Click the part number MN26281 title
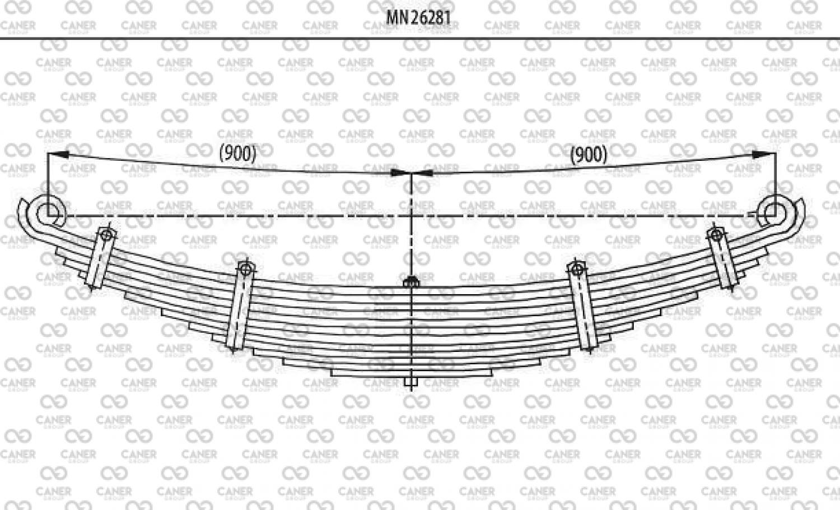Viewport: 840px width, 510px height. [418, 17]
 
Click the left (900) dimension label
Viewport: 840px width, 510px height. [238, 154]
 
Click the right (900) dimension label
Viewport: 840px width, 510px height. [589, 155]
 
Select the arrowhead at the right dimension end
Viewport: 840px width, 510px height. [764, 154]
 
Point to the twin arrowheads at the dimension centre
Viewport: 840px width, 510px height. [412, 173]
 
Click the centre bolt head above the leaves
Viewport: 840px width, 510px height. [412, 282]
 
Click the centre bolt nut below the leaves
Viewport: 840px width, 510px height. [412, 382]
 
